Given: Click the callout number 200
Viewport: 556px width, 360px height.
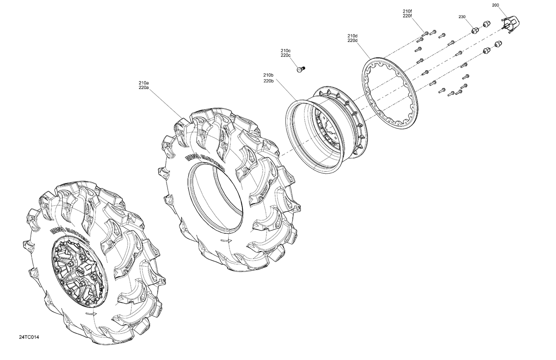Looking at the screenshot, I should pyautogui.click(x=496, y=5).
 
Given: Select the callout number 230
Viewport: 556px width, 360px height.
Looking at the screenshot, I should pyautogui.click(x=462, y=17).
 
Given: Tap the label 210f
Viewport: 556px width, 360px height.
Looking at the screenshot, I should pyautogui.click(x=407, y=11).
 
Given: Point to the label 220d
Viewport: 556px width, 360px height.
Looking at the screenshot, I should pyautogui.click(x=352, y=40).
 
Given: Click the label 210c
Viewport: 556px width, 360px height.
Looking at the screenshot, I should pyautogui.click(x=285, y=50).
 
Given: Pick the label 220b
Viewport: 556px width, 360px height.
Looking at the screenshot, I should pyautogui.click(x=268, y=81).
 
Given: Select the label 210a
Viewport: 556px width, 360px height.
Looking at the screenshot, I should pyautogui.click(x=144, y=83).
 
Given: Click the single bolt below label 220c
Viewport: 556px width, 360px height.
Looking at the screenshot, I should pyautogui.click(x=300, y=69).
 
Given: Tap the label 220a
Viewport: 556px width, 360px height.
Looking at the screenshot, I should pyautogui.click(x=144, y=88).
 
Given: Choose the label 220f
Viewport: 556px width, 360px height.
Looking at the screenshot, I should pyautogui.click(x=407, y=16).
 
